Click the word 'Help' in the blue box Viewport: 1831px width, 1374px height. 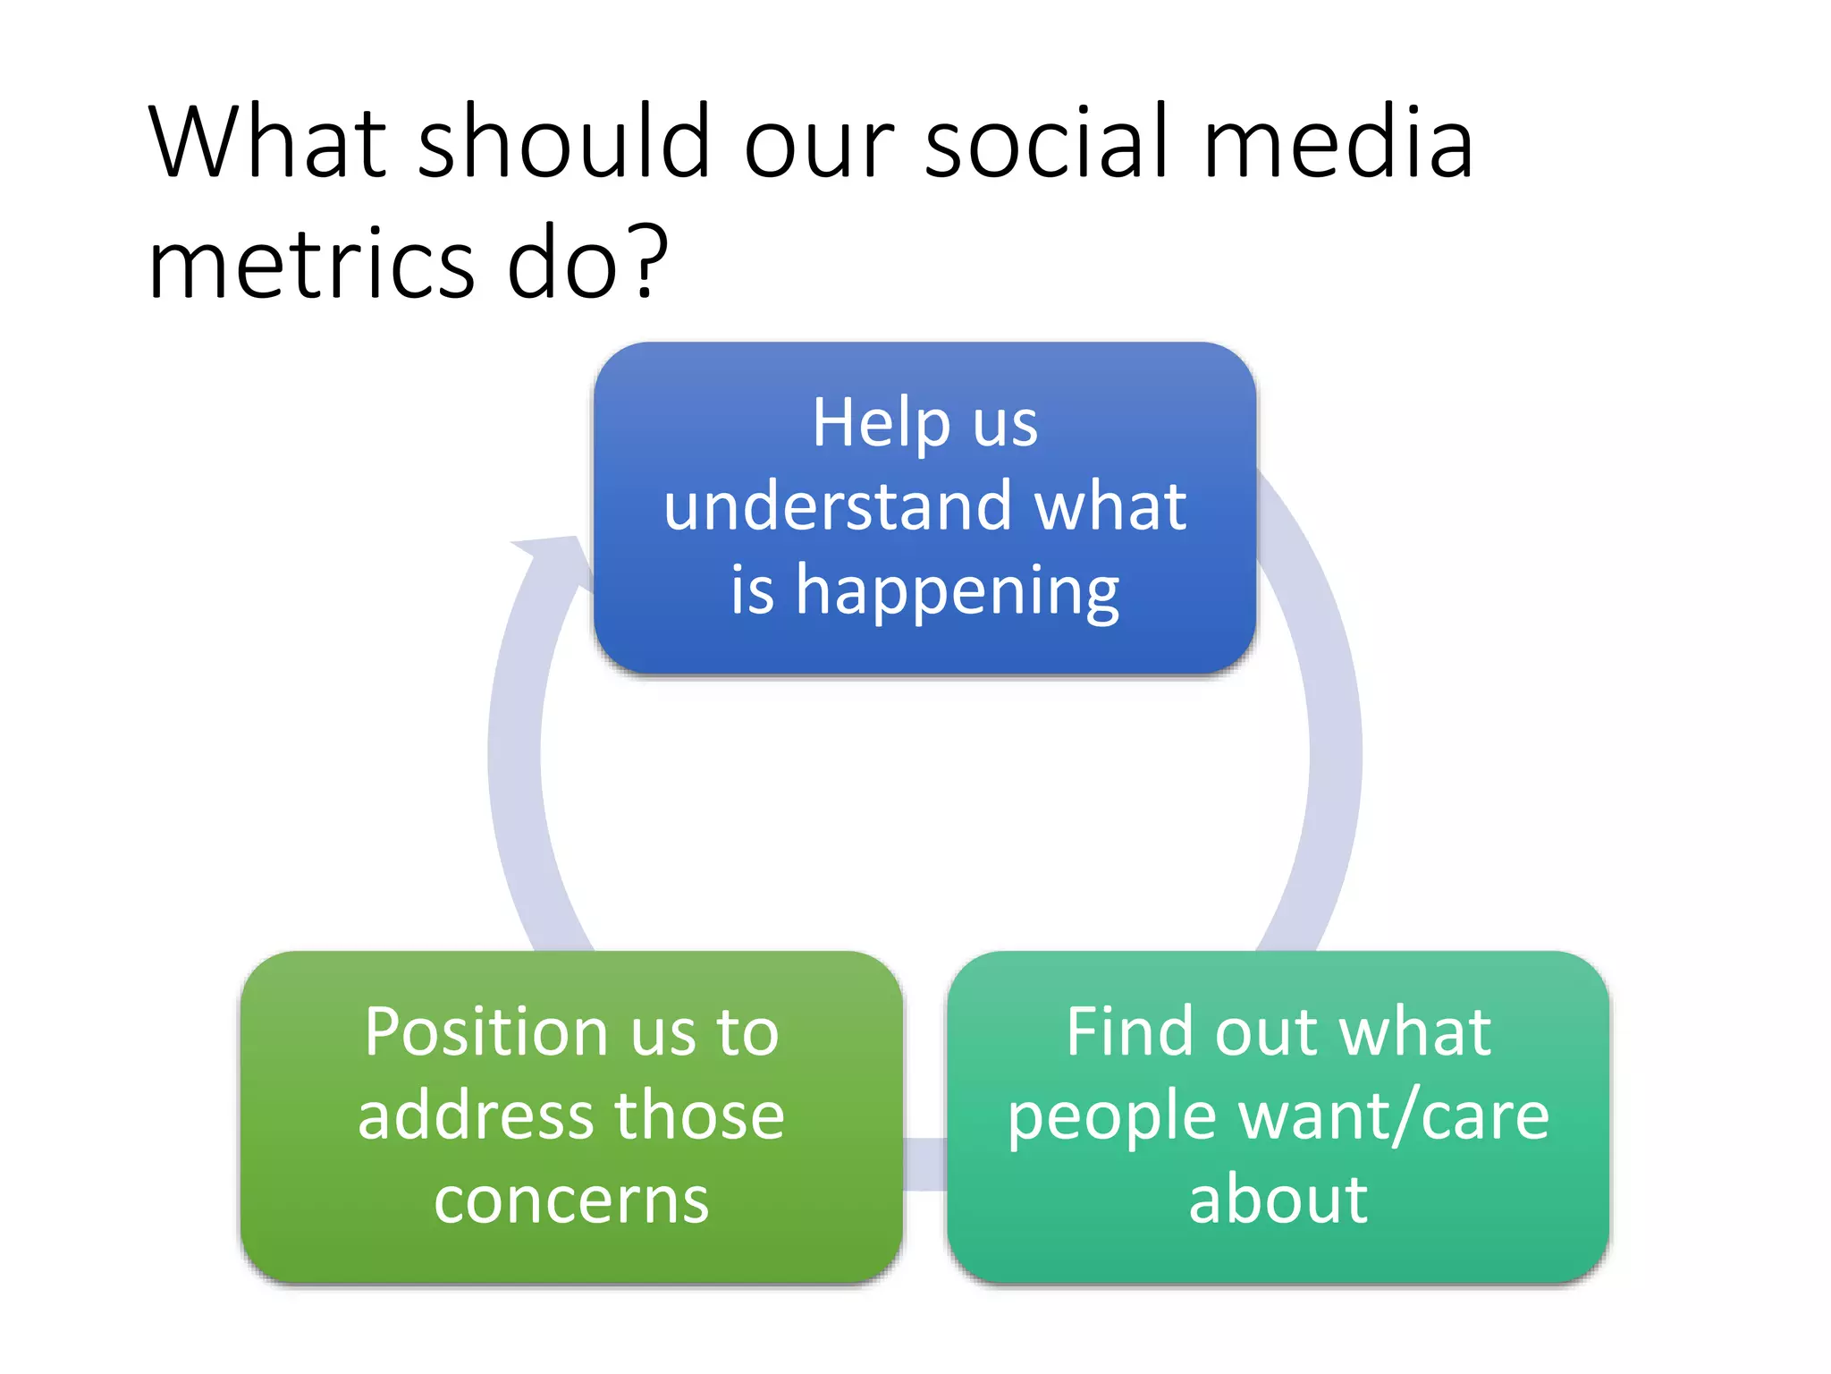click(x=880, y=422)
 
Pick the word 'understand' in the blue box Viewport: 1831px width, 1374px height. click(x=836, y=506)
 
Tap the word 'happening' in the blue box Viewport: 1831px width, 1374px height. click(x=957, y=592)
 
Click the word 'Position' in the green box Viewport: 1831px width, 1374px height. click(x=485, y=1032)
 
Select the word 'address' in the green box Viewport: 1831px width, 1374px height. click(x=472, y=1116)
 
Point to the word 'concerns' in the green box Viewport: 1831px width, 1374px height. click(x=571, y=1200)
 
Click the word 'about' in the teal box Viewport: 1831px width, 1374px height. click(x=1278, y=1200)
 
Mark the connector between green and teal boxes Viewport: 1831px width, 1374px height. click(x=924, y=1164)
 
